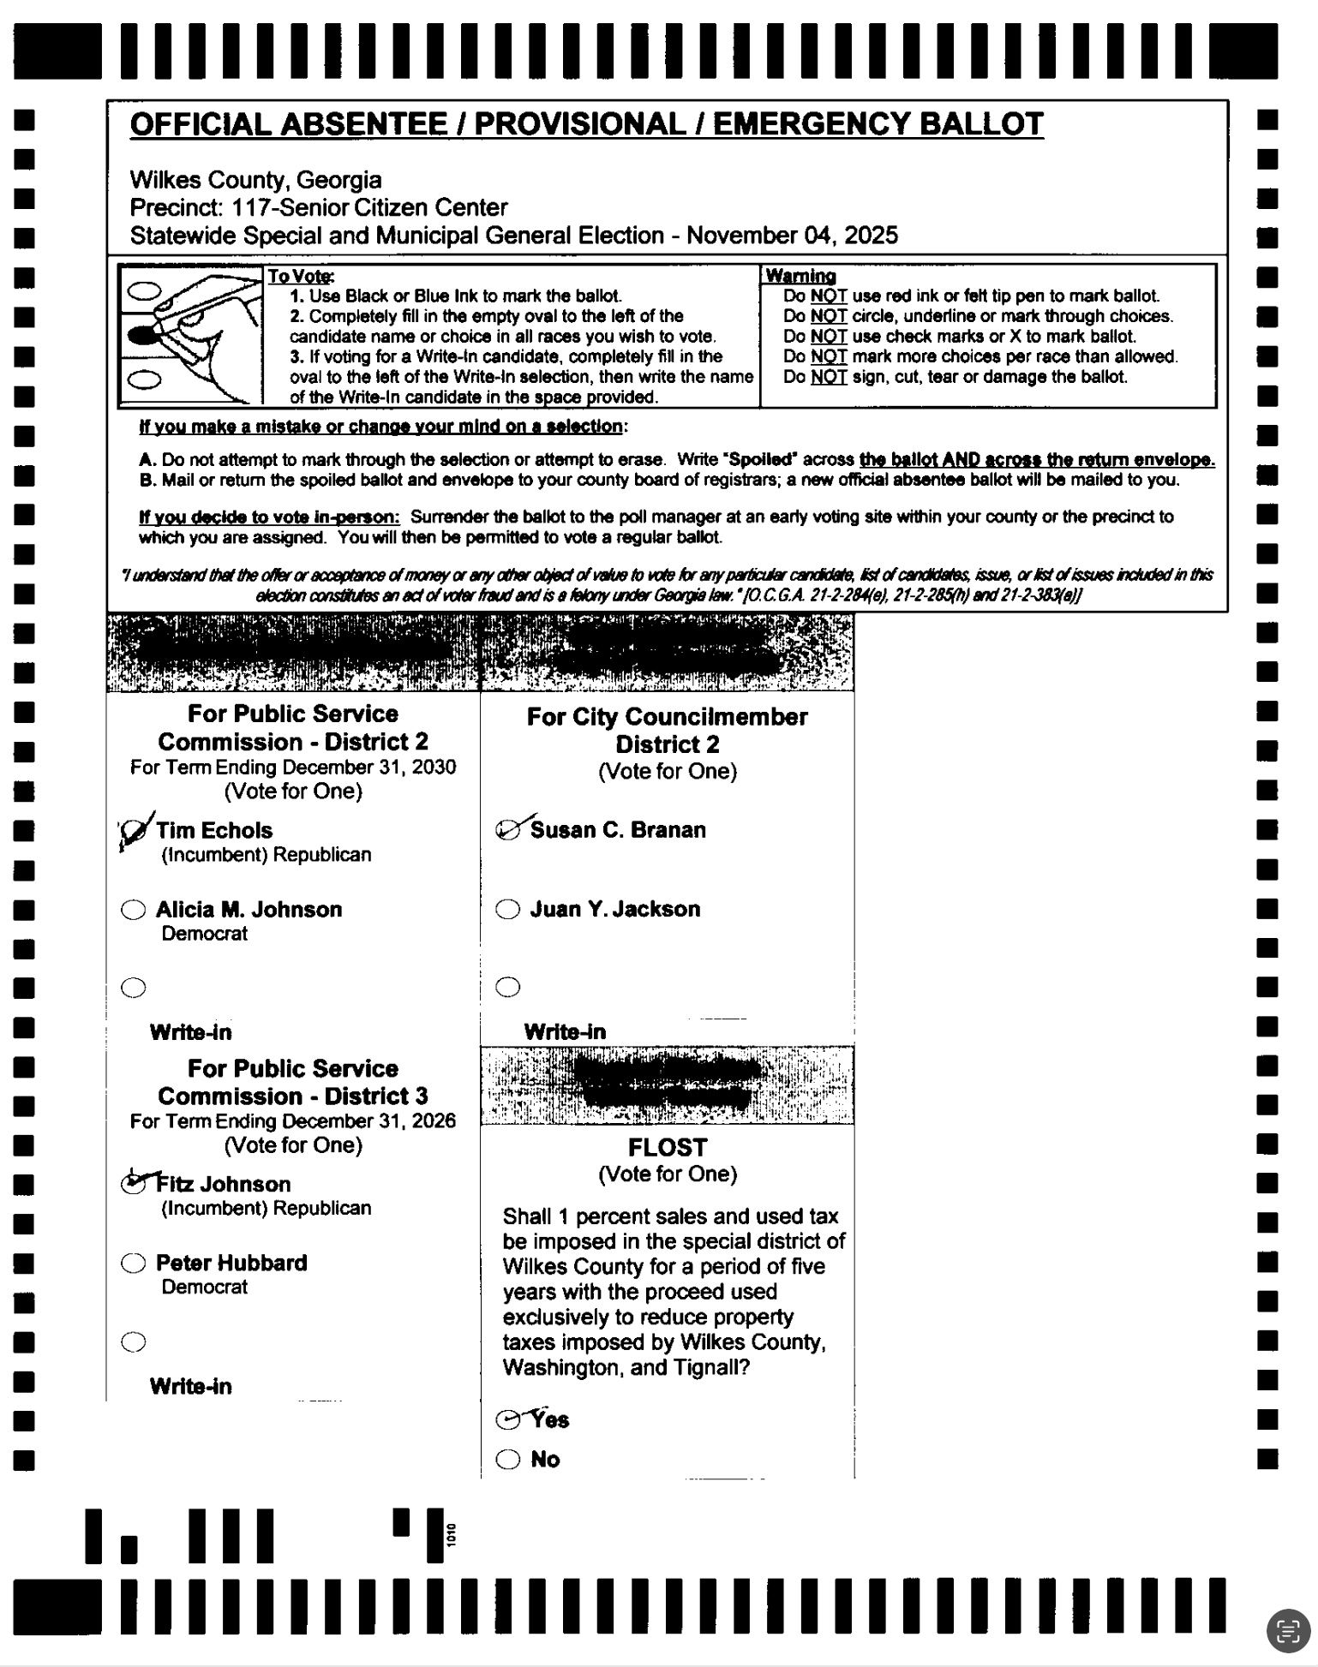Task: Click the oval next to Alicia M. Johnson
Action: tap(134, 910)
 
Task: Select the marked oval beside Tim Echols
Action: tap(134, 831)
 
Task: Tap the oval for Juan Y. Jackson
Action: tap(508, 909)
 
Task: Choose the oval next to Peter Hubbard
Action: tap(134, 1264)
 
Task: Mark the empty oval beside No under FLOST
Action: tap(508, 1460)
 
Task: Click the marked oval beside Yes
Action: tap(508, 1420)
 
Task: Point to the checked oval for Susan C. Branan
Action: tap(509, 829)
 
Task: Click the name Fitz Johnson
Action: tap(224, 1185)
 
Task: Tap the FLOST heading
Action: tap(668, 1147)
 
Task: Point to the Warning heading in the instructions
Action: tap(800, 276)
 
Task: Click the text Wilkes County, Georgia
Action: tap(255, 180)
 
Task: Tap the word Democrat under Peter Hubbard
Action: tap(204, 1287)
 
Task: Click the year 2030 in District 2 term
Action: tap(433, 767)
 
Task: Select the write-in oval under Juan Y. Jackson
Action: tap(508, 988)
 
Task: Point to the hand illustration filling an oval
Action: tap(190, 334)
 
